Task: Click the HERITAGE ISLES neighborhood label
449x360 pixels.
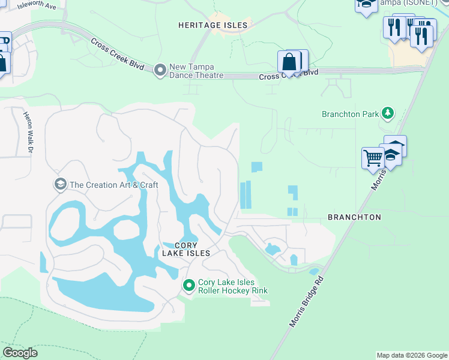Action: pyautogui.click(x=212, y=25)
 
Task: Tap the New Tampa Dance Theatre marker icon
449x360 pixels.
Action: pyautogui.click(x=160, y=70)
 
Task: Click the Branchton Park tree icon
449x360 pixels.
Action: pyautogui.click(x=388, y=113)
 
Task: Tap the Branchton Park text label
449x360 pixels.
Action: pyautogui.click(x=350, y=114)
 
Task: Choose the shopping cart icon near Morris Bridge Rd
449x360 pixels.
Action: pyautogui.click(x=372, y=158)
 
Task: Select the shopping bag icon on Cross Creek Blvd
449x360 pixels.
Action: pyautogui.click(x=288, y=62)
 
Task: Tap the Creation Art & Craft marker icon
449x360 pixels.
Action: pyautogui.click(x=60, y=184)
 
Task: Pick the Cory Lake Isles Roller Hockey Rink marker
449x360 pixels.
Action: pyautogui.click(x=189, y=286)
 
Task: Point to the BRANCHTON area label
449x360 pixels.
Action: pyautogui.click(x=354, y=217)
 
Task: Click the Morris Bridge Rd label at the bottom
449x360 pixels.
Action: pyautogui.click(x=307, y=302)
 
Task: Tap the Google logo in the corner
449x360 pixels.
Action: pyautogui.click(x=20, y=353)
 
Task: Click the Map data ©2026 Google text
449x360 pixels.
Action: pyautogui.click(x=412, y=355)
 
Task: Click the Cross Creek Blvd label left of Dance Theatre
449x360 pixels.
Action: pyautogui.click(x=117, y=54)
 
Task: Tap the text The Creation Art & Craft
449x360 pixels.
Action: pyautogui.click(x=113, y=185)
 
